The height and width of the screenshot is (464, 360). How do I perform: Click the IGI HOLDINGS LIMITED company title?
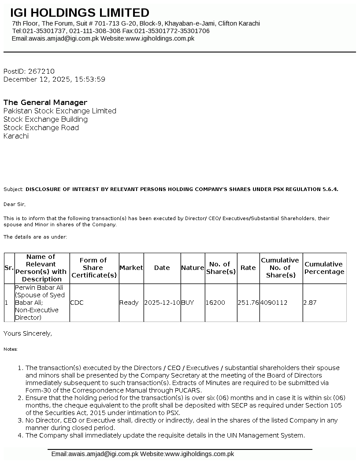80,13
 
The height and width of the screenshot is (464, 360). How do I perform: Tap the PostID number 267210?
41,71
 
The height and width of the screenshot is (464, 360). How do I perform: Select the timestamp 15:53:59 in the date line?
90,79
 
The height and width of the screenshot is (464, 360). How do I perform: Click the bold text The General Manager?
45,102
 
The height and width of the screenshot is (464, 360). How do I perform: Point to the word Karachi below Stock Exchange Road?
16,136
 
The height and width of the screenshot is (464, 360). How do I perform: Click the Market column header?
131,268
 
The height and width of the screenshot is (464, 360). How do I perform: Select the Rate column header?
248,268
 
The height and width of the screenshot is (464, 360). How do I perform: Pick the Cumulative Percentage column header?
324,268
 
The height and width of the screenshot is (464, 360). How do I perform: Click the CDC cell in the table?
77,303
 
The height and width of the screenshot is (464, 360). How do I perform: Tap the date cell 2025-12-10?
162,303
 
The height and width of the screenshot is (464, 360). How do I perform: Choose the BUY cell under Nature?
187,303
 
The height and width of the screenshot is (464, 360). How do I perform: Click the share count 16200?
215,303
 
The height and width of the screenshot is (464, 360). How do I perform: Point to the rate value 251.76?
248,303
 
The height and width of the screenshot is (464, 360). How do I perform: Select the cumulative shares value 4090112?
274,303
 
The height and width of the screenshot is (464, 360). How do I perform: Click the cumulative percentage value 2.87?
310,303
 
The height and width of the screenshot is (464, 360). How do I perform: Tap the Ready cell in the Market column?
129,303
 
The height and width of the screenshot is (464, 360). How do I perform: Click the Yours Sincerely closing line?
28,333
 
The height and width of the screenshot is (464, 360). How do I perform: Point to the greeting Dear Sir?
15,204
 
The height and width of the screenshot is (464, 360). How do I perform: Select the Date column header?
162,268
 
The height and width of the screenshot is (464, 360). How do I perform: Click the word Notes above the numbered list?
11,349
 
